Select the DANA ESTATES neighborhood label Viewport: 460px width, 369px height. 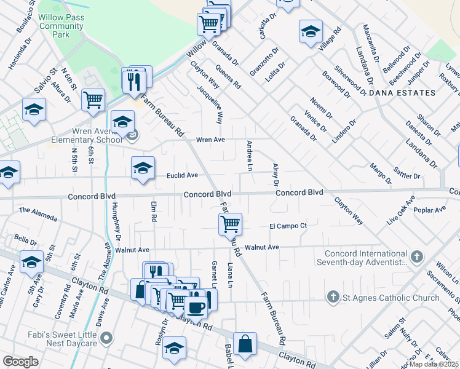pyautogui.click(x=402, y=93)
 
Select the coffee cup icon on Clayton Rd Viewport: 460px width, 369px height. pyautogui.click(x=196, y=307)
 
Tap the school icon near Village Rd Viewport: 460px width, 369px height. pyautogui.click(x=311, y=31)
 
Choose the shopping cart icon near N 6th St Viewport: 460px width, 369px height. pyautogui.click(x=93, y=98)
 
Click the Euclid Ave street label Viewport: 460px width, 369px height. pyautogui.click(x=182, y=175)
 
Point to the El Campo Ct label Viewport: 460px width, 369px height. pyautogui.click(x=288, y=226)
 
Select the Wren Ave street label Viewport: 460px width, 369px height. pyautogui.click(x=210, y=140)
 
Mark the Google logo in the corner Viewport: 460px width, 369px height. pyautogui.click(x=20, y=361)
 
